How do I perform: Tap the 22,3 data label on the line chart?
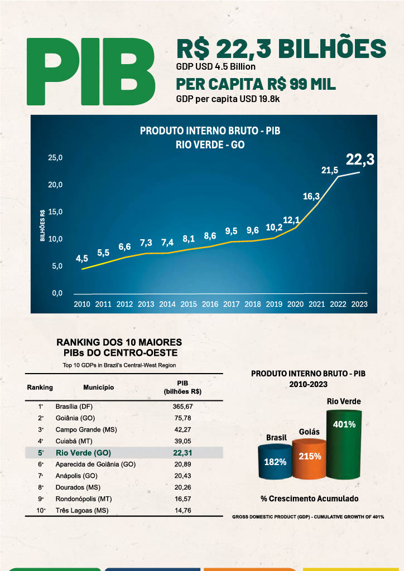(359, 160)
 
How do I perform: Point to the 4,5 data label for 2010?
(82, 258)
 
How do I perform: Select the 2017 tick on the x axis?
(232, 304)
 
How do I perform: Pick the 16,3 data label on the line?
(311, 196)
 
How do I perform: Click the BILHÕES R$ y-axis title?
(42, 226)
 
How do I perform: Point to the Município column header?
(99, 387)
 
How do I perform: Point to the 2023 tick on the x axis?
(358, 304)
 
